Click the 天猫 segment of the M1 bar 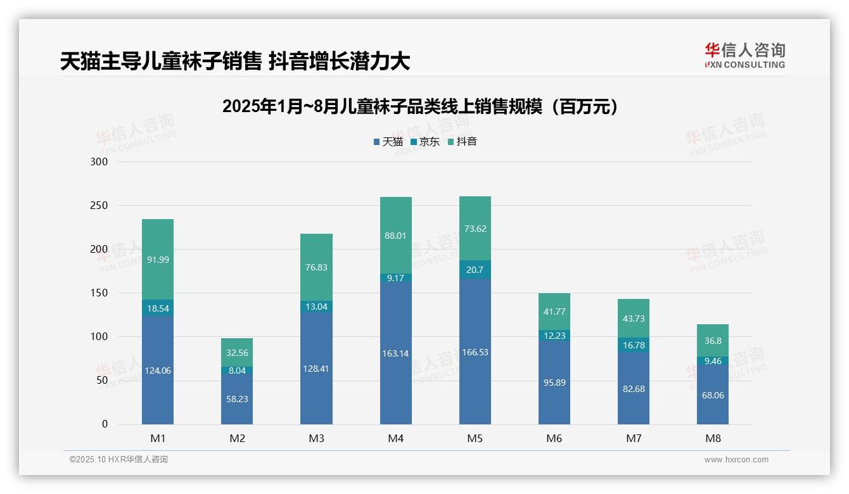click(x=158, y=370)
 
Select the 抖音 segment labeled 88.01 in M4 click(x=395, y=236)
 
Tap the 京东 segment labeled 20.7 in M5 click(x=475, y=270)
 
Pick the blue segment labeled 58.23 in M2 click(x=237, y=399)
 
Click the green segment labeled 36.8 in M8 click(x=713, y=341)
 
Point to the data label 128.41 click(x=316, y=369)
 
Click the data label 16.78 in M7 click(x=634, y=345)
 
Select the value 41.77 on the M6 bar click(x=554, y=312)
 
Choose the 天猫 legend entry click(x=388, y=142)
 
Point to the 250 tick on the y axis click(x=99, y=206)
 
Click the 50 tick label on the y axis click(x=101, y=381)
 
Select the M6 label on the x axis click(x=554, y=438)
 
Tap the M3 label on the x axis click(x=316, y=438)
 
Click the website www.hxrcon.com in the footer click(x=736, y=460)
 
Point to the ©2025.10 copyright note click(x=118, y=460)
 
